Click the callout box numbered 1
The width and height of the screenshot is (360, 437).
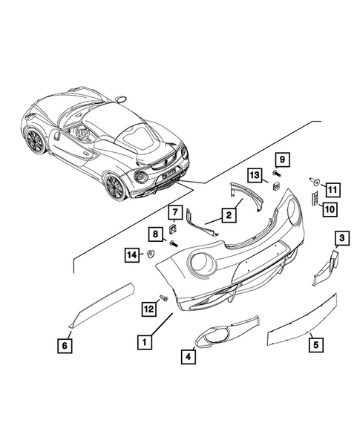145,342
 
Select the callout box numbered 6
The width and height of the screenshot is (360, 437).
65,346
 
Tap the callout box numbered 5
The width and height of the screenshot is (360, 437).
315,345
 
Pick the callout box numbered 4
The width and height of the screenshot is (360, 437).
189,356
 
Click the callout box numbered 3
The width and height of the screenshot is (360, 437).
342,238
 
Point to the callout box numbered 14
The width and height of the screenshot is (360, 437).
132,254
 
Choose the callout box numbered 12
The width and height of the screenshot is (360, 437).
149,309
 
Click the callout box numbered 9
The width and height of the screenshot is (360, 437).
283,160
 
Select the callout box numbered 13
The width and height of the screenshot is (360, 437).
255,176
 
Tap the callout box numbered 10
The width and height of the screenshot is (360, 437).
330,209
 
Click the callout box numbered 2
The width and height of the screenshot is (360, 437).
229,215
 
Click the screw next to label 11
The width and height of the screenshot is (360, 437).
314,182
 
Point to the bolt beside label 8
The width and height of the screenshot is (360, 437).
174,244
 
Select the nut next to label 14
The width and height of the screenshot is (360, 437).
151,254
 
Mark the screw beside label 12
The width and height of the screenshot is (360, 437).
164,298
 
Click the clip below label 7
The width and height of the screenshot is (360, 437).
174,229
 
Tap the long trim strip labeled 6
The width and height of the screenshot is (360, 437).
102,305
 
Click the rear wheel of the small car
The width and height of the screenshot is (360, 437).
115,186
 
